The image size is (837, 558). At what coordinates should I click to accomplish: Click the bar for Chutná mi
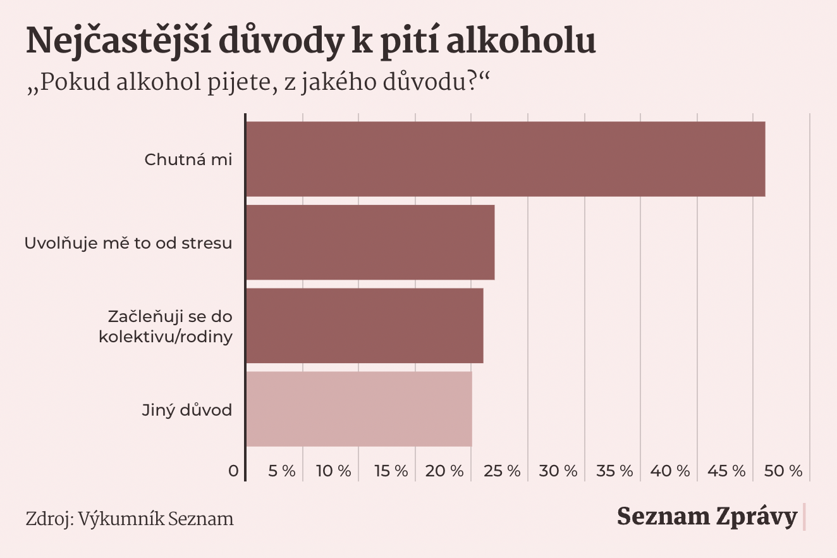point(505,159)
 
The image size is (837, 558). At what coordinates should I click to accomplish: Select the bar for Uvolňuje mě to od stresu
point(370,242)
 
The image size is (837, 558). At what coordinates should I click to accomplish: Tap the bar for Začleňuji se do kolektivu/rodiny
point(364,326)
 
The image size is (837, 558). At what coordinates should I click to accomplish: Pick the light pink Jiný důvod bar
point(358,409)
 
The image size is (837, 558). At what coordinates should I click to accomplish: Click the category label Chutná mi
point(188,159)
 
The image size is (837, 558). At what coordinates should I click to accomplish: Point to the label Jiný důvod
point(186,410)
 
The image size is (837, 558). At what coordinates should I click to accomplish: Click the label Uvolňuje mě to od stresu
point(128,243)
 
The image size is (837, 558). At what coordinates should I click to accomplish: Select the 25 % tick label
point(501,471)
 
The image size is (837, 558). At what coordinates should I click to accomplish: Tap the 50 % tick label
point(783,471)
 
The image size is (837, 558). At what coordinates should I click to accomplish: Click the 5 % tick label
point(282,471)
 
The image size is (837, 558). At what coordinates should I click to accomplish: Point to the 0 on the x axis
point(234,471)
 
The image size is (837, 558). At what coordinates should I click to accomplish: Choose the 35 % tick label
point(614,471)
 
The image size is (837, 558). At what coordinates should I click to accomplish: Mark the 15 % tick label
point(391,471)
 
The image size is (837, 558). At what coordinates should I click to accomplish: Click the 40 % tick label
point(670,471)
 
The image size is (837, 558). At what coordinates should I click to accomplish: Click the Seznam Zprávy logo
point(707,517)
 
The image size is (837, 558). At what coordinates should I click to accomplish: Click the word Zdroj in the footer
point(49,519)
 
